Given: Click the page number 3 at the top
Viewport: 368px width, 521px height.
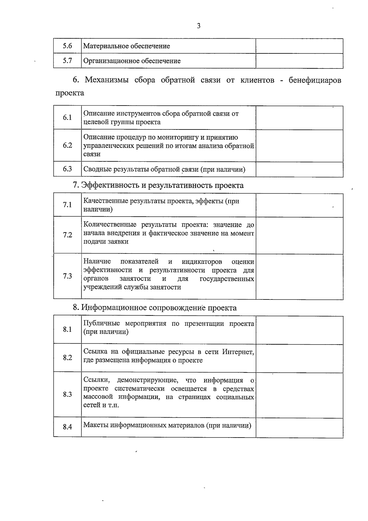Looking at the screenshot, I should (x=198, y=26).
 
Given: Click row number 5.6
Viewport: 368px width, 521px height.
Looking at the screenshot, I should (x=67, y=46).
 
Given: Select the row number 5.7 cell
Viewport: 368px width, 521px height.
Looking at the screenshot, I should (x=67, y=61).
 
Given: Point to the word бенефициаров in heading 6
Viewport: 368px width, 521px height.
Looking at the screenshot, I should (x=315, y=80).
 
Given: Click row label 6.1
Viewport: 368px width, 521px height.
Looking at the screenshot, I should (x=67, y=118).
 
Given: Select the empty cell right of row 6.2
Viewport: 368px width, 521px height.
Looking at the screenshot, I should (x=299, y=146).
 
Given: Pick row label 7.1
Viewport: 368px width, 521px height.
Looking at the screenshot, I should (x=67, y=205).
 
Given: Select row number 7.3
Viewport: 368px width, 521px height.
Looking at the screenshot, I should (x=67, y=276).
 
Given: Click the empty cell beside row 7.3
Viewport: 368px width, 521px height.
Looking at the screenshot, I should (x=299, y=276).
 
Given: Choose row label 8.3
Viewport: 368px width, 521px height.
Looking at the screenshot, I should (x=67, y=395).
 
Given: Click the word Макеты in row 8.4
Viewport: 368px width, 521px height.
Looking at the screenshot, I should (x=96, y=426).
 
